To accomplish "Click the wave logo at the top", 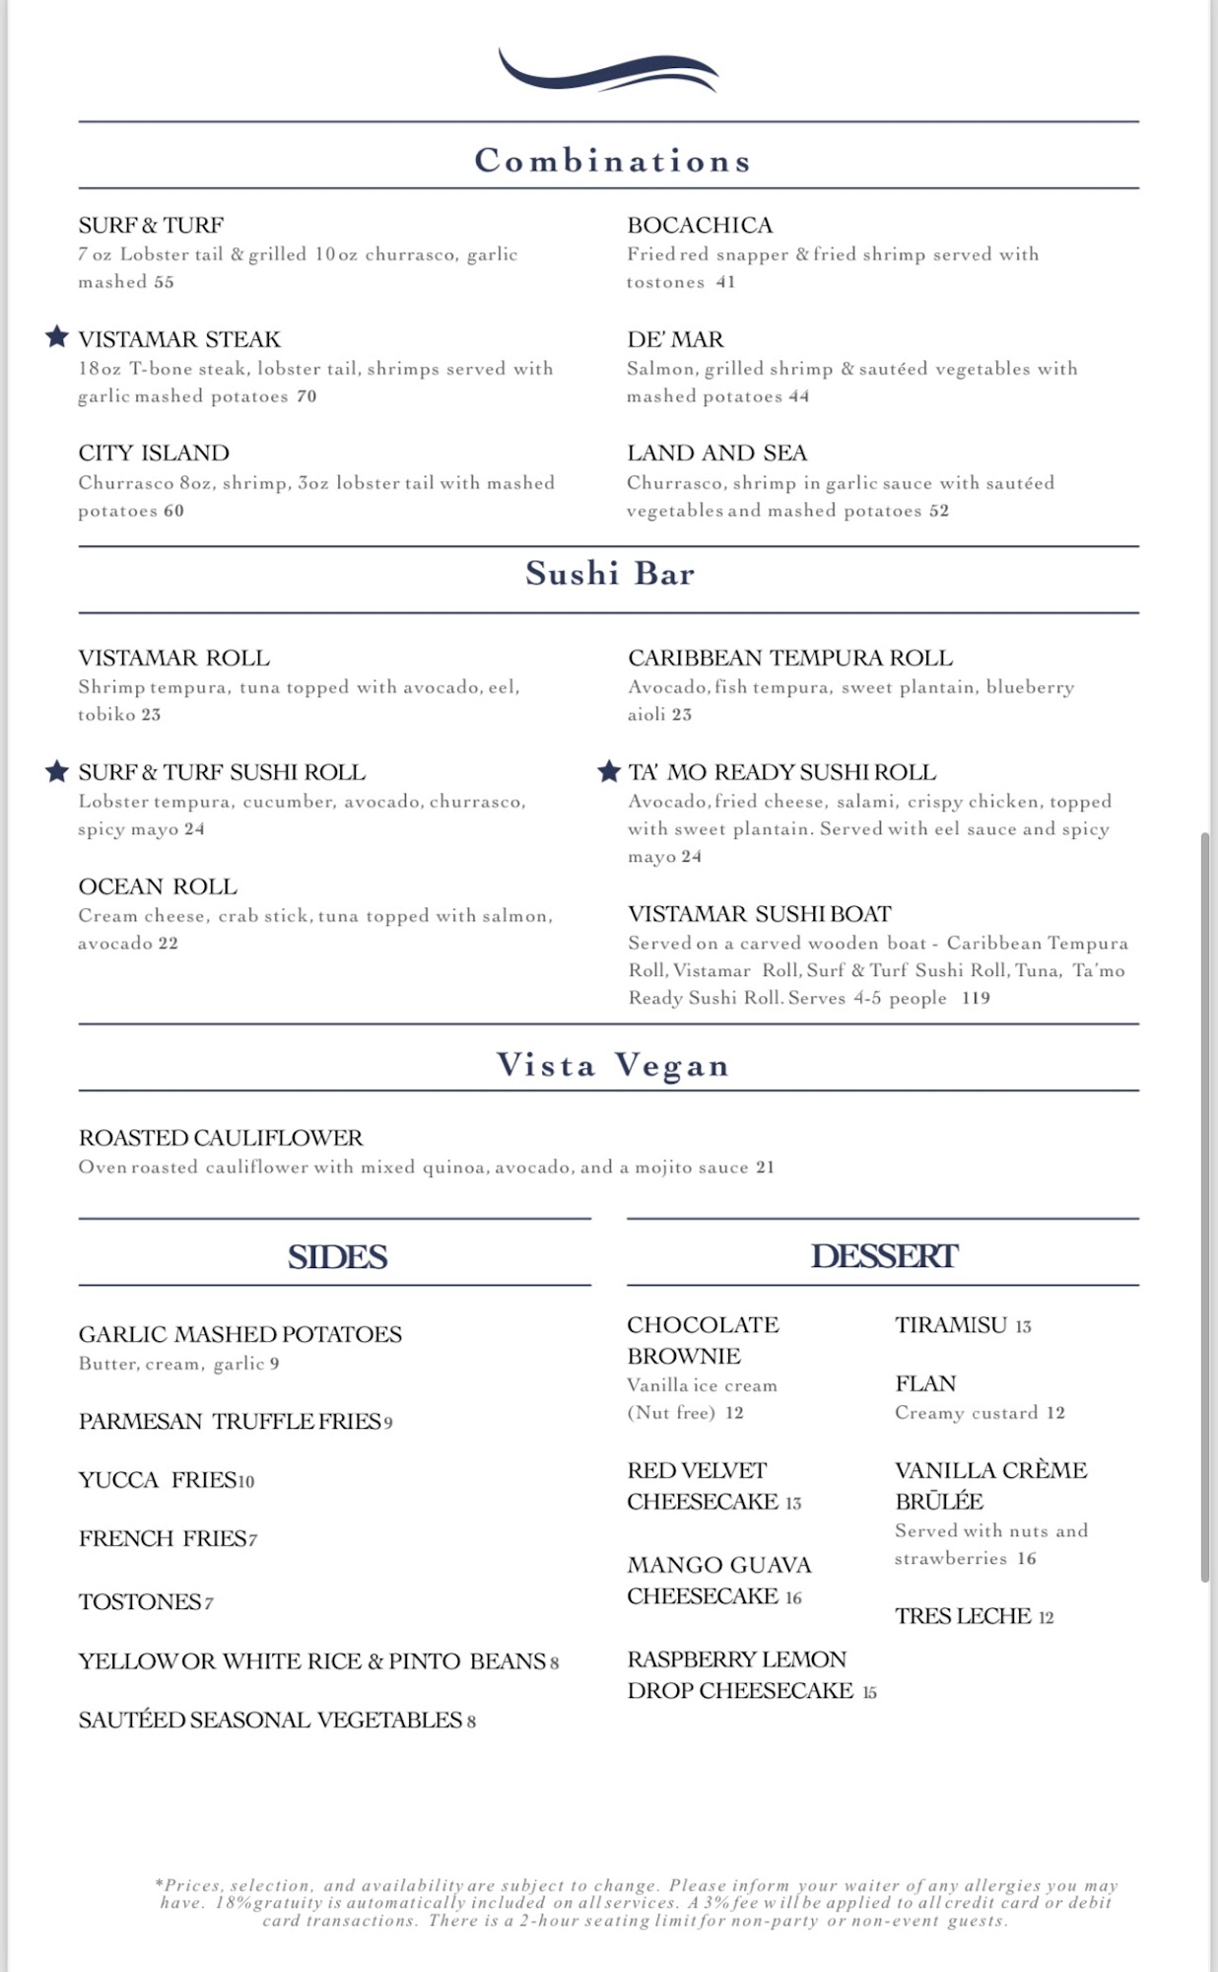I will (x=608, y=72).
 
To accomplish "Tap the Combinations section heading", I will (x=612, y=161).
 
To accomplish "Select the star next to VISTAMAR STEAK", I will (x=57, y=337).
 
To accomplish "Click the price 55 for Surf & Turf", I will (x=164, y=282).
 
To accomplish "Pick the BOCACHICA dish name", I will (x=700, y=225).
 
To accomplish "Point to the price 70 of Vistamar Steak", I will (x=306, y=396).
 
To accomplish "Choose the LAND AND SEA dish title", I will (x=716, y=453).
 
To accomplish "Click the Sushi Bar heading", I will (x=610, y=573).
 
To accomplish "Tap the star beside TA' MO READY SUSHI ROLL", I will (x=609, y=771).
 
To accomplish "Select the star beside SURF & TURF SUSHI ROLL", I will (x=57, y=771).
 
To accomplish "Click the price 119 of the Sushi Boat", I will (x=976, y=998).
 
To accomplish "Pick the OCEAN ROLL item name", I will (x=158, y=886).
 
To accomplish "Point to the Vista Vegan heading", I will (x=612, y=1065).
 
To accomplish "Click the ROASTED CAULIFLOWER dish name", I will (x=221, y=1138).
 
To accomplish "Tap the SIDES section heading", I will (x=337, y=1256).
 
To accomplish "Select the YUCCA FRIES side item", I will (x=158, y=1480).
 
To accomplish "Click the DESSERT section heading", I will (x=884, y=1256).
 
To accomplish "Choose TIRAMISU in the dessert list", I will (x=951, y=1325).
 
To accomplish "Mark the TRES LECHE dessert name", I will (x=963, y=1616).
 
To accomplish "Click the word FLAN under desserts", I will (x=925, y=1383).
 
